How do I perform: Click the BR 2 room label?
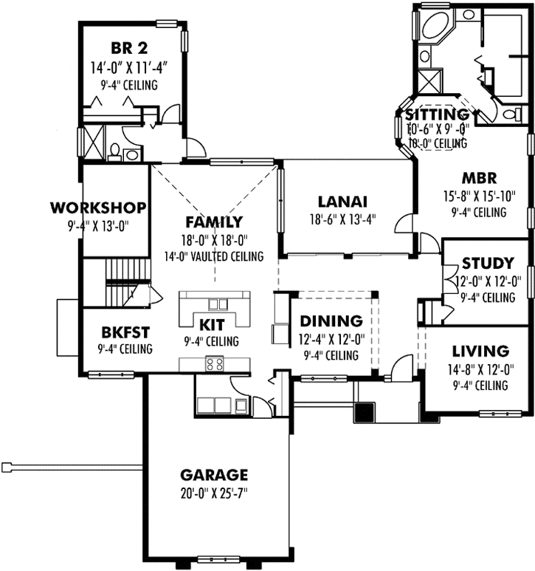click(x=129, y=49)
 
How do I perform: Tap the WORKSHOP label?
click(x=97, y=206)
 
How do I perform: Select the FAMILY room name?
click(x=214, y=222)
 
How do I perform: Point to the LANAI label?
click(x=342, y=201)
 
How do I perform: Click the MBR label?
click(x=480, y=178)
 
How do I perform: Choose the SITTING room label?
click(x=438, y=114)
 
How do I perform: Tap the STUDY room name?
click(x=488, y=264)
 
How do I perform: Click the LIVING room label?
click(x=480, y=351)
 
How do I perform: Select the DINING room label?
click(x=331, y=321)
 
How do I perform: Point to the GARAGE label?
click(x=214, y=474)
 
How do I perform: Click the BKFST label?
click(x=117, y=332)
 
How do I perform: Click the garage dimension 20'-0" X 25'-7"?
click(x=214, y=493)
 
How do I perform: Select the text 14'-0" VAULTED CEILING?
click(x=214, y=257)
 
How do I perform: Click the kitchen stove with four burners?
click(x=215, y=363)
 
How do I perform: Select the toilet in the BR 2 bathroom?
click(x=114, y=151)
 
